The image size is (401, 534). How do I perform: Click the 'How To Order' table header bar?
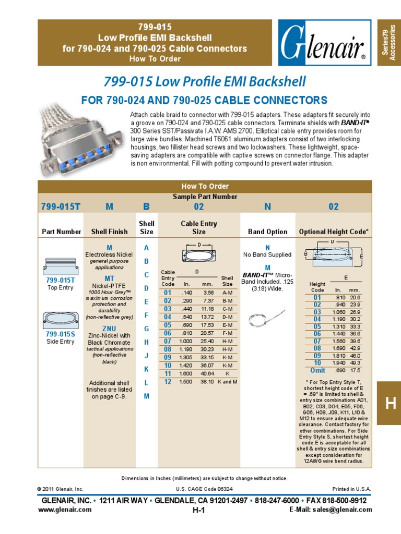coord(205,186)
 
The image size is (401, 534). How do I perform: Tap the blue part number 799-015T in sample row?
coord(61,207)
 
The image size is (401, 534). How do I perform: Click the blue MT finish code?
coord(109,278)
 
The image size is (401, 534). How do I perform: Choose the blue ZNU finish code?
coord(109,328)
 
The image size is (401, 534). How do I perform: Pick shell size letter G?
coord(147,329)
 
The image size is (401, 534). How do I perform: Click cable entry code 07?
coord(168,341)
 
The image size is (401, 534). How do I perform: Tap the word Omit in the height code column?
coord(317,370)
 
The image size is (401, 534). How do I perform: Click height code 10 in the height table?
coord(317,362)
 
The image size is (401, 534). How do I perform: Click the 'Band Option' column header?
coord(267,232)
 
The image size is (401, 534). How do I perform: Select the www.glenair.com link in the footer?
coord(65,509)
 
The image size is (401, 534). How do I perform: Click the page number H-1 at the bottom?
coord(198,511)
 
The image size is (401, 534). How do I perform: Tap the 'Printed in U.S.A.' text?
coord(351,489)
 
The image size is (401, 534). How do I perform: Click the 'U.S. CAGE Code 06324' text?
coord(204,489)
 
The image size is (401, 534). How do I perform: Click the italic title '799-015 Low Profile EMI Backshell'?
coord(205,81)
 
